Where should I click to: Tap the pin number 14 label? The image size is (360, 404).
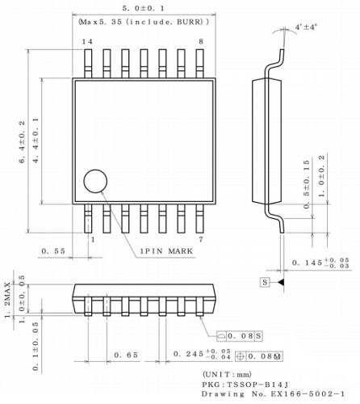tap(87, 41)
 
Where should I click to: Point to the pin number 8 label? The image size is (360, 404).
tap(200, 41)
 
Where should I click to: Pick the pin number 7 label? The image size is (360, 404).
tap(200, 239)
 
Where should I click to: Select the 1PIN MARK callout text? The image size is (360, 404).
tap(167, 252)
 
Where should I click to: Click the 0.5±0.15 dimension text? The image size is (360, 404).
tap(308, 183)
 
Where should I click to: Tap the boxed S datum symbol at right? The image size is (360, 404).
tap(264, 282)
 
